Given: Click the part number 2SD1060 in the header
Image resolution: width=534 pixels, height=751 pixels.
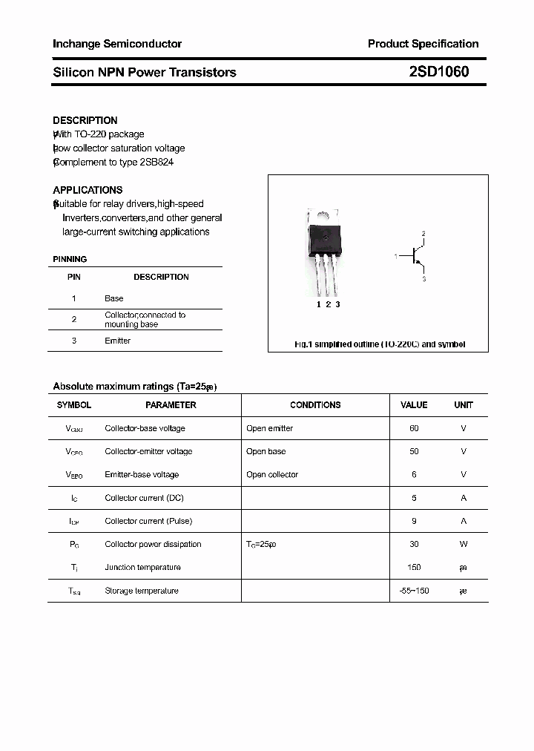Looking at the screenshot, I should pos(438,72).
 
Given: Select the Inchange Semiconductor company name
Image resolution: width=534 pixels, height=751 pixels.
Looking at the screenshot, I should pos(117,44).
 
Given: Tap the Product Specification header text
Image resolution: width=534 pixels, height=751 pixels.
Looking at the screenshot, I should pos(423,44).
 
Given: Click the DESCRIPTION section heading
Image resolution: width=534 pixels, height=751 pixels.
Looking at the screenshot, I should pos(85,120).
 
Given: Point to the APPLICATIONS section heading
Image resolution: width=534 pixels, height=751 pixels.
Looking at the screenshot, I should pos(88,190).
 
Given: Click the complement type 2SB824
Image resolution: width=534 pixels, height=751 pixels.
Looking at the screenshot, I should pos(157,162).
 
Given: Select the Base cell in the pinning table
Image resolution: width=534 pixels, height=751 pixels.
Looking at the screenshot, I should pos(114,298).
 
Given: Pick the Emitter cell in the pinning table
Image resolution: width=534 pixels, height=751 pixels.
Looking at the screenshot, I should pos(117,341).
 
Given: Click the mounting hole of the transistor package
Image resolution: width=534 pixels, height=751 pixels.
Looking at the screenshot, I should pos(323,215).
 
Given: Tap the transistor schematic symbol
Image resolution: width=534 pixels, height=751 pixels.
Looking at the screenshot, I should pos(416,257).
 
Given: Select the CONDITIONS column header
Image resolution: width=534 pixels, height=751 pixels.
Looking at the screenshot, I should pos(315,405).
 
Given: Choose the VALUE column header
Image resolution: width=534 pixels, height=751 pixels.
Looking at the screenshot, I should pos(414,405).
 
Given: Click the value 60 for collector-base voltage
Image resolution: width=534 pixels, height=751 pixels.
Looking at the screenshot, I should pos(414,428).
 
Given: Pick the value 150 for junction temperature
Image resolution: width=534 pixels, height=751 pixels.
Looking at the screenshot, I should pos(414,567).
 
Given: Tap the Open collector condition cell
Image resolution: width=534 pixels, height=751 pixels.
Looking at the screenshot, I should pos(272,474).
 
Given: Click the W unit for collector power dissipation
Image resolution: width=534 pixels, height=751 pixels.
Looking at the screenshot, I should pos(464,544).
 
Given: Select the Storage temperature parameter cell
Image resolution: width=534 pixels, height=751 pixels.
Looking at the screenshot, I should pos(142,591).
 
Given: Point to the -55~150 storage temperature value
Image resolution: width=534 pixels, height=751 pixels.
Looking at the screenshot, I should pos(414,591).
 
